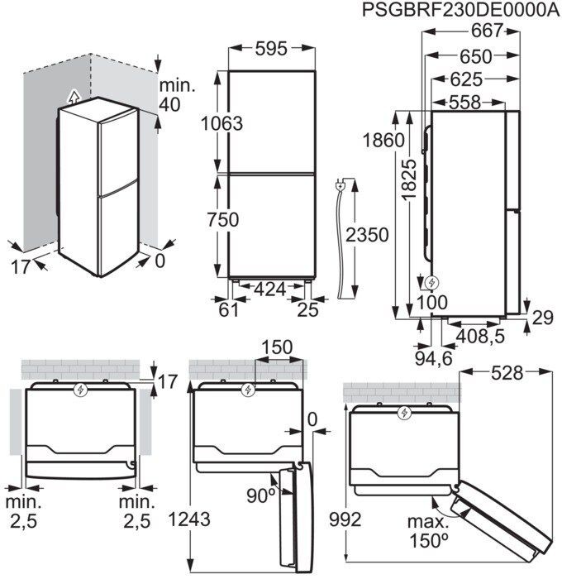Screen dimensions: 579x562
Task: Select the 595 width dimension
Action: tap(270, 50)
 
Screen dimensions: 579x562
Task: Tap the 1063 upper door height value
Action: tap(222, 123)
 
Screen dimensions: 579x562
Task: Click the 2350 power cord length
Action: tap(365, 236)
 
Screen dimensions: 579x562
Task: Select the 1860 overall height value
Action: tap(387, 139)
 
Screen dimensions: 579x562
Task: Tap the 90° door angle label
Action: tap(260, 495)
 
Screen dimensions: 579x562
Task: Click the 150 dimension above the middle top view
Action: tap(278, 348)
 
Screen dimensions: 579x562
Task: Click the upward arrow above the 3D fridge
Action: tap(75, 97)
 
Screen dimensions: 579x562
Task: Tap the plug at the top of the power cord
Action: tap(340, 187)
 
